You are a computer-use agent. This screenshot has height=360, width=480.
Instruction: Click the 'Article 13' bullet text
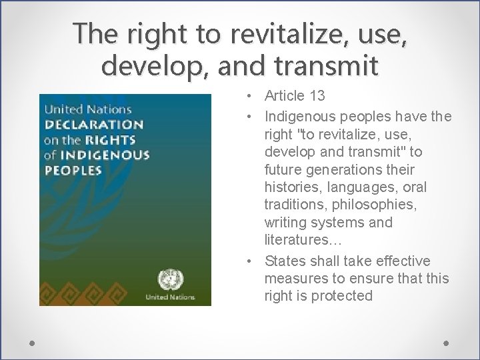pos(295,96)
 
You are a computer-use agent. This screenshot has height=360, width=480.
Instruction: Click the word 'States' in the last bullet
pos(285,261)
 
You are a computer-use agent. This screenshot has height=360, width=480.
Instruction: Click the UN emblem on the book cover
pos(171,279)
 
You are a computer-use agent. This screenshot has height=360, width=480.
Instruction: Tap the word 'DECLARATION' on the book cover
pos(93,125)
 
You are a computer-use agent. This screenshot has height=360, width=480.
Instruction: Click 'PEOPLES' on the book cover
pos(73,171)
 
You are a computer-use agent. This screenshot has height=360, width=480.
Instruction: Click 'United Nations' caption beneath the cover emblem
pos(171,297)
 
